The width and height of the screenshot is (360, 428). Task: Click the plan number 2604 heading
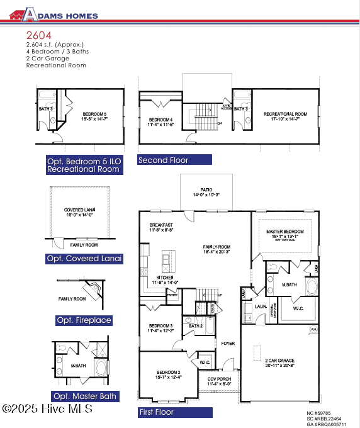38,36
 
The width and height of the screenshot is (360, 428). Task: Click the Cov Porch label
219,380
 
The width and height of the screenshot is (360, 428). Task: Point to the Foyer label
227,343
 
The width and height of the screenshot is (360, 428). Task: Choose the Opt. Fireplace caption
84,320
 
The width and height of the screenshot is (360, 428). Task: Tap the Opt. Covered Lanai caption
84,259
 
